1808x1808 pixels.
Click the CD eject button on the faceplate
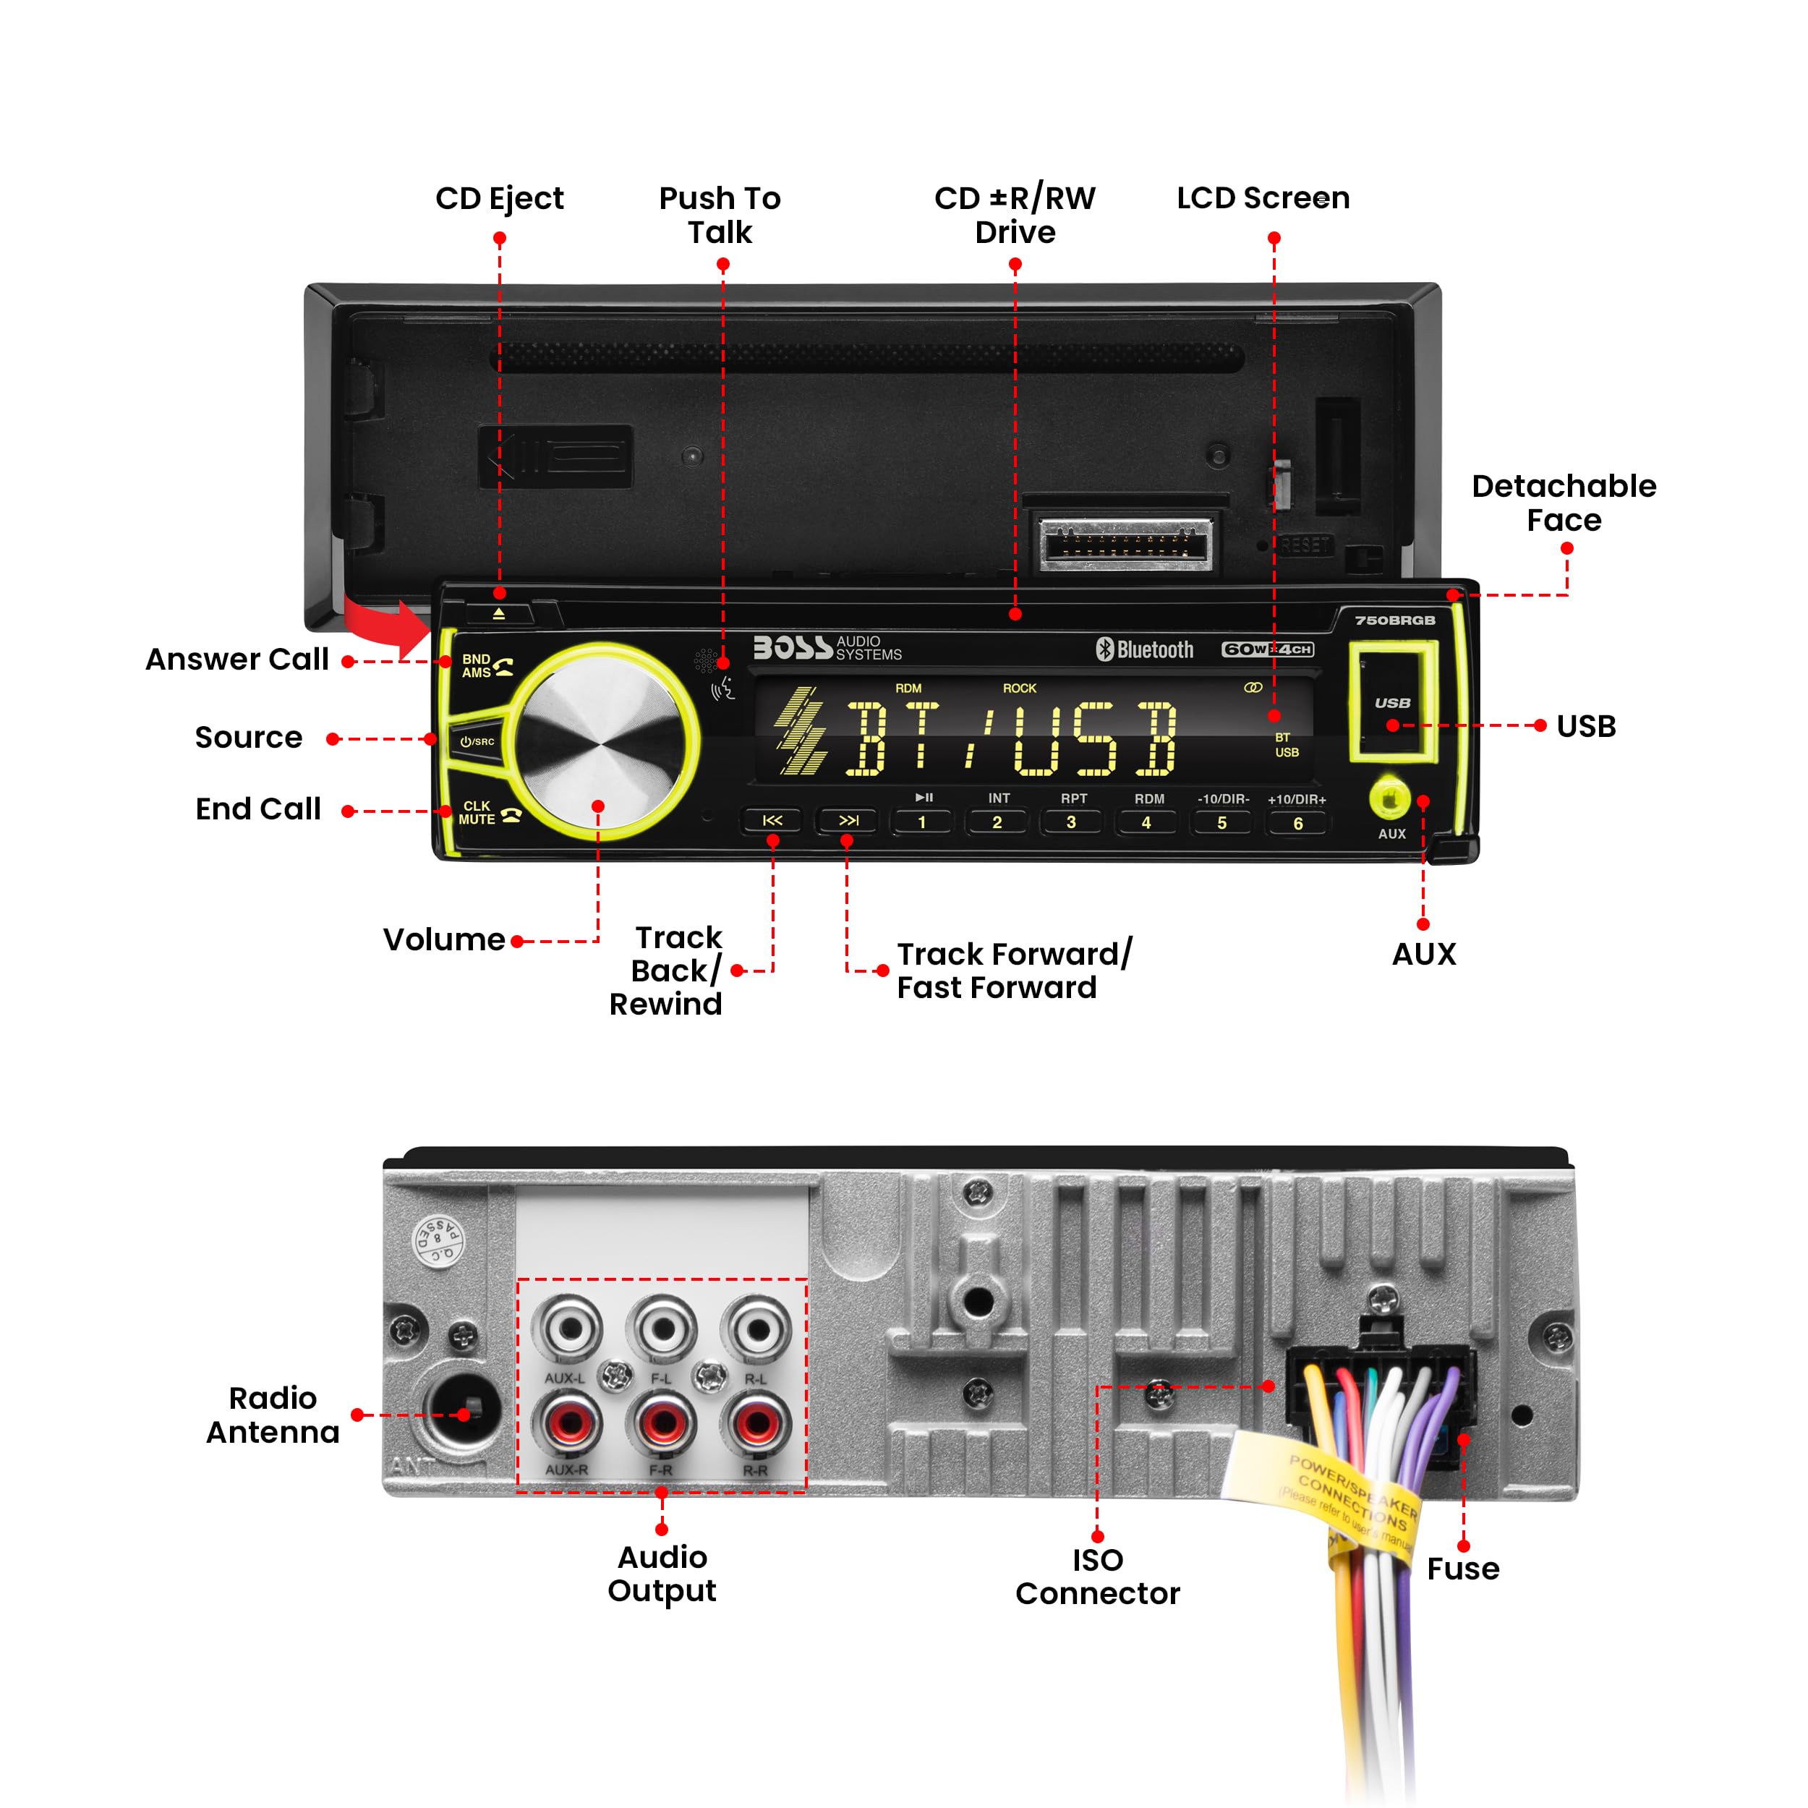[499, 614]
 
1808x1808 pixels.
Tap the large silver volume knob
[599, 739]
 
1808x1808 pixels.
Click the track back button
[772, 821]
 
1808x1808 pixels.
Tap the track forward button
[848, 821]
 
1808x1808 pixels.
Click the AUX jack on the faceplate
[1390, 799]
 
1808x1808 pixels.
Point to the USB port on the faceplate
[1391, 702]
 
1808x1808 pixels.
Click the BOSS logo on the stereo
[793, 647]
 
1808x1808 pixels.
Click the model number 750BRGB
[1394, 621]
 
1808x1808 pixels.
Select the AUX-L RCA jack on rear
[567, 1329]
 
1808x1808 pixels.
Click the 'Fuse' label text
[1463, 1569]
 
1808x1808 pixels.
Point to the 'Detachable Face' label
[1563, 503]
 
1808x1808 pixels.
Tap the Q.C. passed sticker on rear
[438, 1241]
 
